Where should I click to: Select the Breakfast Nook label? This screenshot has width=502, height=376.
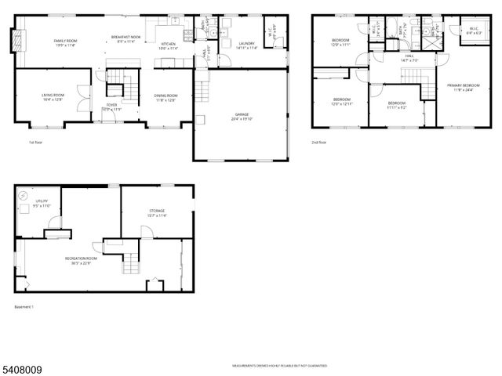[126, 37]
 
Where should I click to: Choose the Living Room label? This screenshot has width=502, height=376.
[53, 96]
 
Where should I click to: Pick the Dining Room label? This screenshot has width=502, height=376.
[166, 96]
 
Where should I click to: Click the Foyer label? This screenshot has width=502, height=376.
[112, 106]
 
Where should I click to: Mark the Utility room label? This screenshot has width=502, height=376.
[42, 203]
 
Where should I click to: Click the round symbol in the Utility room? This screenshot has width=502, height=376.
[24, 194]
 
